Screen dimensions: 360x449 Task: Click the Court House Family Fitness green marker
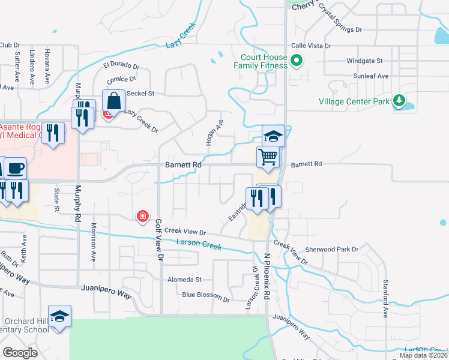(x=296, y=61)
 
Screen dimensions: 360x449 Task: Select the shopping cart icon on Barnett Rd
(x=268, y=157)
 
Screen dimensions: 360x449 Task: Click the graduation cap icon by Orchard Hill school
(x=60, y=316)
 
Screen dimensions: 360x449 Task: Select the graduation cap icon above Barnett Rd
(x=273, y=136)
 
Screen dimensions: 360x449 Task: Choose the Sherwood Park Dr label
(x=332, y=248)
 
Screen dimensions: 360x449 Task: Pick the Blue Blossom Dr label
(x=206, y=295)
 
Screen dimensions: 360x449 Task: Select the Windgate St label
(x=364, y=61)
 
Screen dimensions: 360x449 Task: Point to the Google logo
(x=20, y=353)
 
